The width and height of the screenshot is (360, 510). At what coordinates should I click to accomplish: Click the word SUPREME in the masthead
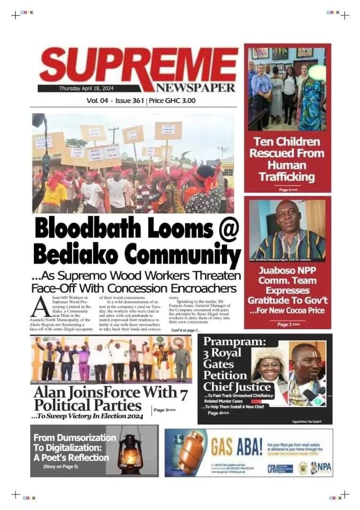(132, 67)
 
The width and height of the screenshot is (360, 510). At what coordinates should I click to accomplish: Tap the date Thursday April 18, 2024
(86, 88)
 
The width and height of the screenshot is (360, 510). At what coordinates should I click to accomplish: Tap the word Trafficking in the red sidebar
(286, 177)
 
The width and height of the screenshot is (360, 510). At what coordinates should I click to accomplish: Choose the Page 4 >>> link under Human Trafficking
(286, 189)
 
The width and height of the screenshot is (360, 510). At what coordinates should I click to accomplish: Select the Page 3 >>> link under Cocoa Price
(288, 324)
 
